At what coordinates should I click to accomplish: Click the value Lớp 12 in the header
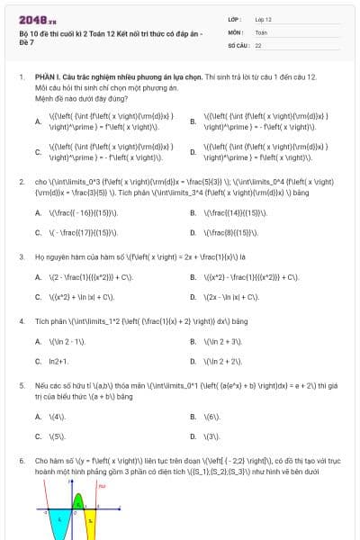[x=264, y=18]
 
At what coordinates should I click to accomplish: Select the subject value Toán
[x=261, y=31]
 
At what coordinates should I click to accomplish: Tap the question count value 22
[x=258, y=44]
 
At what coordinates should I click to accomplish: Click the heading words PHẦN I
[x=47, y=78]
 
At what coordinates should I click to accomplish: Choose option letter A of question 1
[x=39, y=120]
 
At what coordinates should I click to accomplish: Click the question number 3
[x=21, y=256]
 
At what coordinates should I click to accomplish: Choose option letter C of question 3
[x=39, y=296]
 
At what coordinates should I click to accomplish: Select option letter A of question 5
[x=39, y=417]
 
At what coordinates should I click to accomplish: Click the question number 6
[x=21, y=459]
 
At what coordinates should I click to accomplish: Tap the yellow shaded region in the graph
[x=90, y=519]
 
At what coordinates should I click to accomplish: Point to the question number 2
[x=21, y=181]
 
